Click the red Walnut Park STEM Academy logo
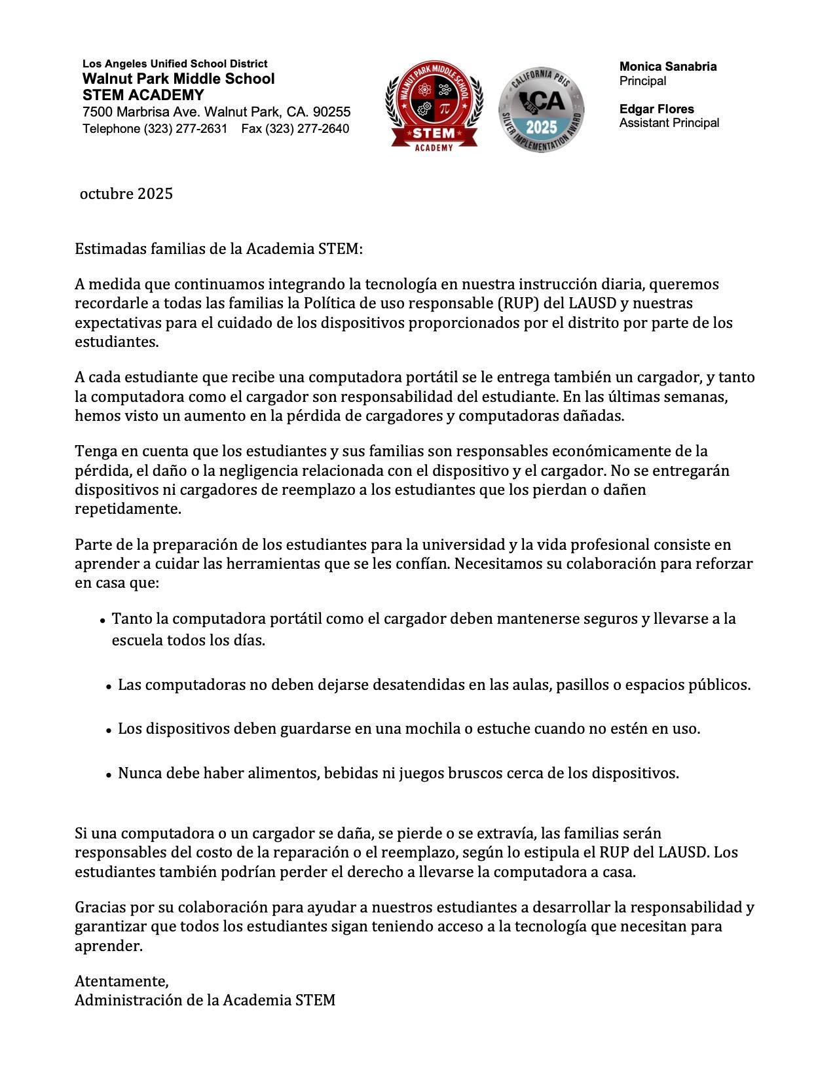tap(434, 106)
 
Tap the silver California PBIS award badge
tap(541, 110)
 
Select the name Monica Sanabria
tap(667, 67)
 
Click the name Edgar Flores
tap(656, 109)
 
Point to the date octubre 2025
tap(126, 194)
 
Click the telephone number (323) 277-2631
tap(185, 129)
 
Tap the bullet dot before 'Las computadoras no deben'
tap(109, 687)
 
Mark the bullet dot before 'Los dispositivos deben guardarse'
tap(109, 730)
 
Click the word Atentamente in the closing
tap(121, 981)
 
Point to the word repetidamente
tap(128, 509)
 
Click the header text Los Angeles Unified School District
tap(175, 64)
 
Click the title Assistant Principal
tap(669, 123)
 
